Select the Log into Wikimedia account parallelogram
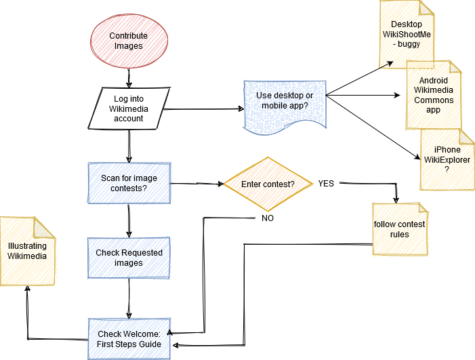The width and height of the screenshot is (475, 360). pyautogui.click(x=129, y=108)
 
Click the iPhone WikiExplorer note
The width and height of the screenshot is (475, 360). pyautogui.click(x=447, y=159)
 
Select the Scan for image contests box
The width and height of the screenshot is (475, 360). pyautogui.click(x=129, y=183)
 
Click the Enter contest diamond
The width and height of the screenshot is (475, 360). pyautogui.click(x=268, y=184)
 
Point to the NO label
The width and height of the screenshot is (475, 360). pyautogui.click(x=268, y=218)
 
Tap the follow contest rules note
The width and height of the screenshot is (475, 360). pyautogui.click(x=399, y=229)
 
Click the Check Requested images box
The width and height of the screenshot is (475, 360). pyautogui.click(x=129, y=258)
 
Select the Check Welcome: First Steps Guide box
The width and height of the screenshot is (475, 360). pyautogui.click(x=129, y=339)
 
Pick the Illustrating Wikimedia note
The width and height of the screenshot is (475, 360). pyautogui.click(x=27, y=251)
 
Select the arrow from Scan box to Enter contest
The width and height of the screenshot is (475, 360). pyautogui.click(x=197, y=184)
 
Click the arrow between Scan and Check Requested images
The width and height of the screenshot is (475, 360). pyautogui.click(x=129, y=220)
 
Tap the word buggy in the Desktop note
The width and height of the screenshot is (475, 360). pyautogui.click(x=409, y=44)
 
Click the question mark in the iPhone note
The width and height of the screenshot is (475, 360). pyautogui.click(x=447, y=169)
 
